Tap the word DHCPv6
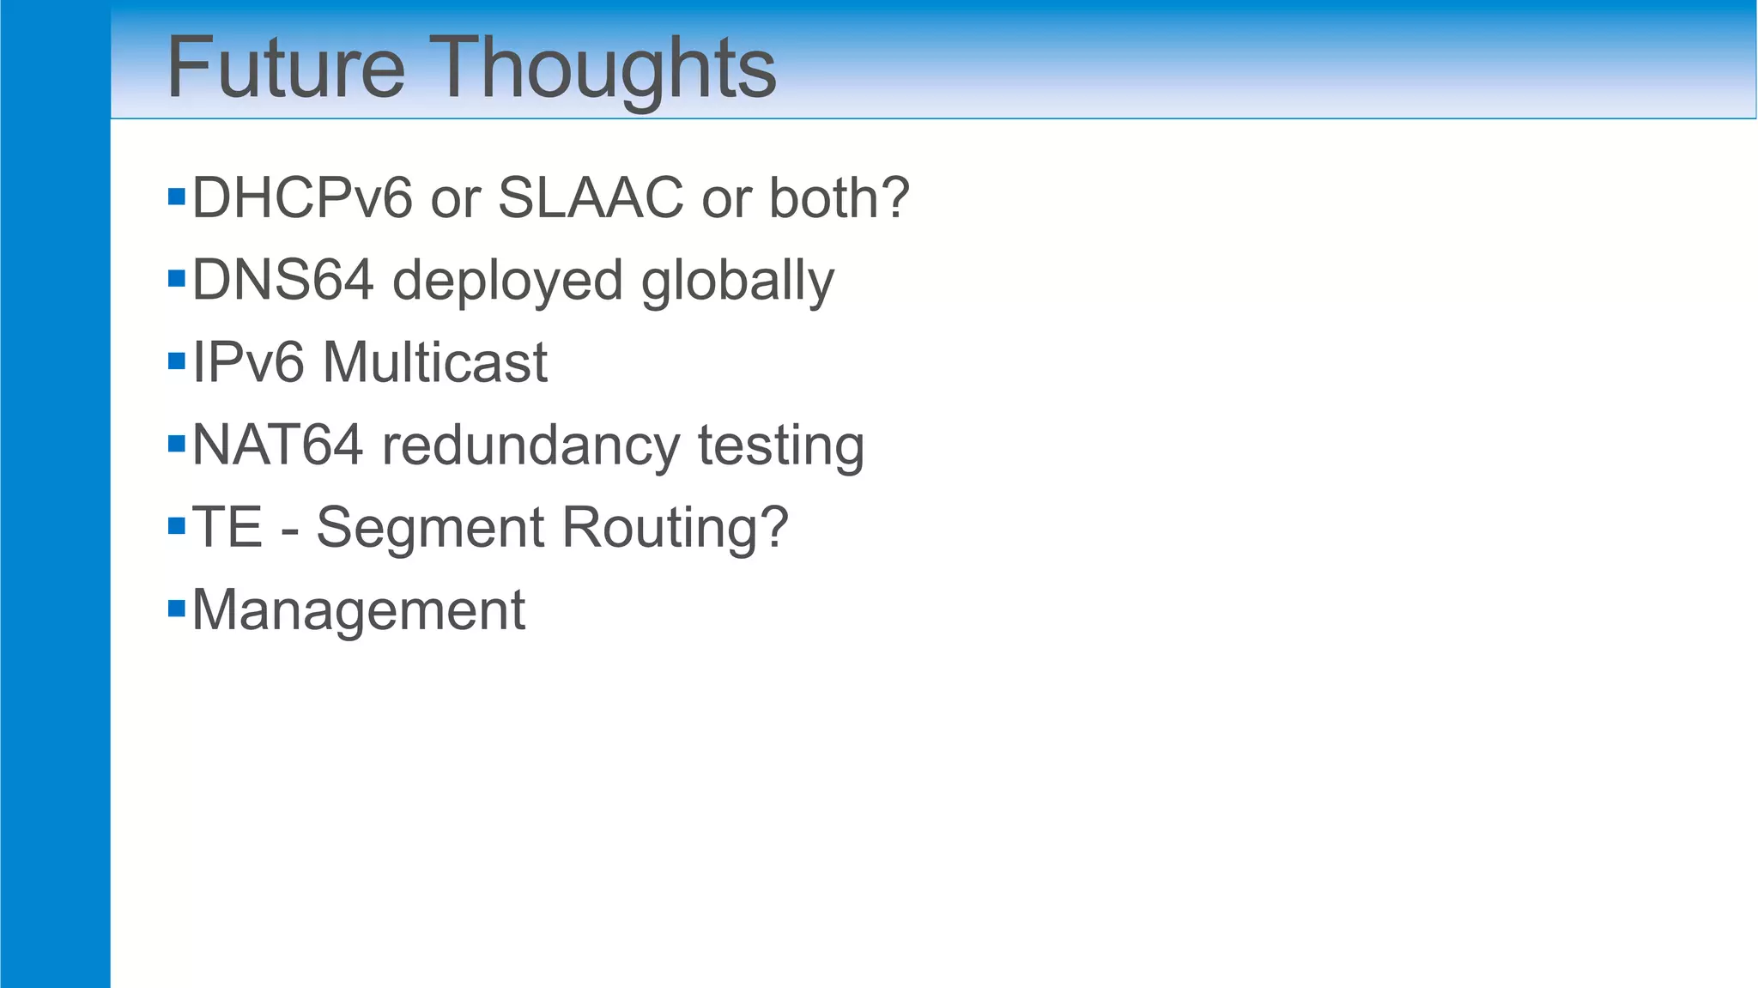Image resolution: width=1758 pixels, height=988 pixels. (302, 198)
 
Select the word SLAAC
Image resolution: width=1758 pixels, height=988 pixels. (591, 198)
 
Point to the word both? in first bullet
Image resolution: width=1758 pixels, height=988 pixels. (839, 198)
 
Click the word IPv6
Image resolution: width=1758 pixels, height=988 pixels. (248, 362)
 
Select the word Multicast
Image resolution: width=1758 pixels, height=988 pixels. (434, 362)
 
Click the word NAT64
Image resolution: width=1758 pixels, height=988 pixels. (277, 446)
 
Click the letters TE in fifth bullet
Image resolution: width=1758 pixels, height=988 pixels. (227, 527)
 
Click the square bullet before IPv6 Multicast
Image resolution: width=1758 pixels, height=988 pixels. (177, 361)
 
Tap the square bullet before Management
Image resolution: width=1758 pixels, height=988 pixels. (177, 609)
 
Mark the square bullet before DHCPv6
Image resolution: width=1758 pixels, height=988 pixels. (177, 197)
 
